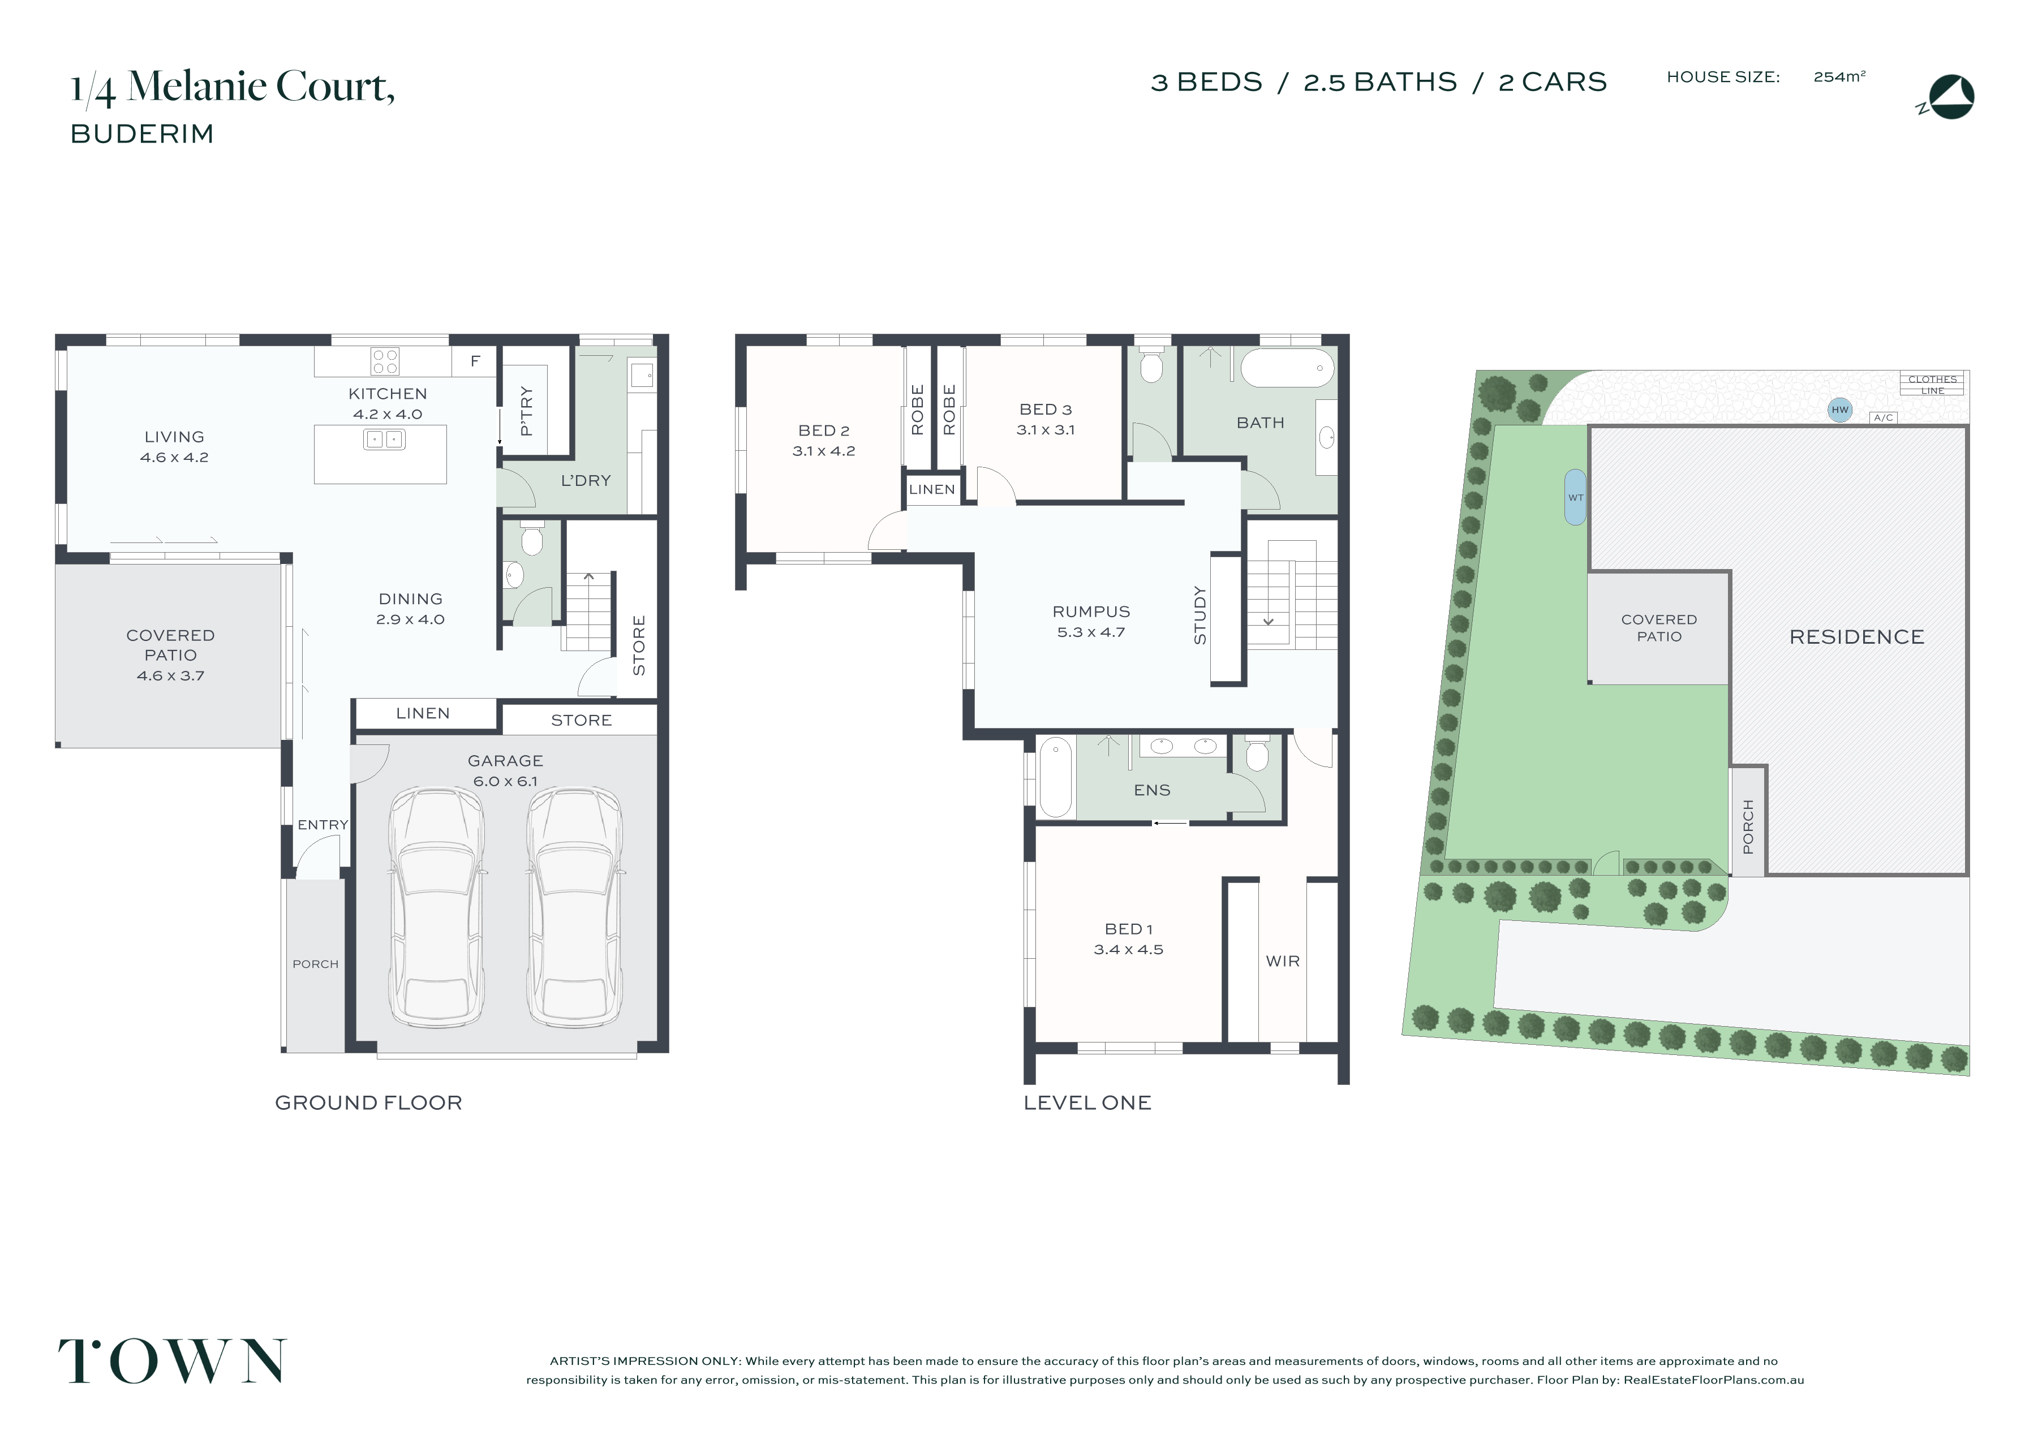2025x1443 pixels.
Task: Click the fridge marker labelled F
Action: (475, 361)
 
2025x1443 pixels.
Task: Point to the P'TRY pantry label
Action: (526, 411)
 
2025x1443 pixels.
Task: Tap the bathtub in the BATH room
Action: (1288, 368)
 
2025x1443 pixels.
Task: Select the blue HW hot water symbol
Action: (1840, 410)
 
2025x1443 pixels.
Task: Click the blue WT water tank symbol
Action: (1575, 498)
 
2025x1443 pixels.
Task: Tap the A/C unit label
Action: (1884, 417)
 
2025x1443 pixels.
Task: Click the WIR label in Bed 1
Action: (1282, 962)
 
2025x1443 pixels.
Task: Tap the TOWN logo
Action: (173, 1361)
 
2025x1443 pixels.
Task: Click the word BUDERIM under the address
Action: (142, 134)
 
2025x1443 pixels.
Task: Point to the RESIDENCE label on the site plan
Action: (1857, 637)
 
